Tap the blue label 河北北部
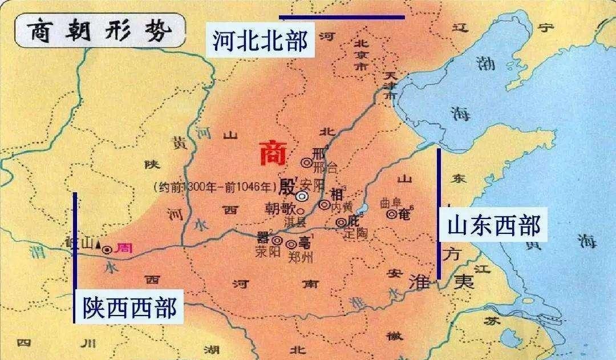pyautogui.click(x=261, y=41)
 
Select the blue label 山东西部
pyautogui.click(x=493, y=225)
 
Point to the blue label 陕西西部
pyautogui.click(x=129, y=306)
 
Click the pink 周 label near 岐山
pyautogui.click(x=124, y=248)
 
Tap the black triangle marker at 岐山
pyautogui.click(x=99, y=246)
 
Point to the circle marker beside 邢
pyautogui.click(x=306, y=163)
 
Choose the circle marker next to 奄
pyautogui.click(x=391, y=215)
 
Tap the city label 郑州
pyautogui.click(x=300, y=257)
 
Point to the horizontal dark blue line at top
pyautogui.click(x=342, y=17)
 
